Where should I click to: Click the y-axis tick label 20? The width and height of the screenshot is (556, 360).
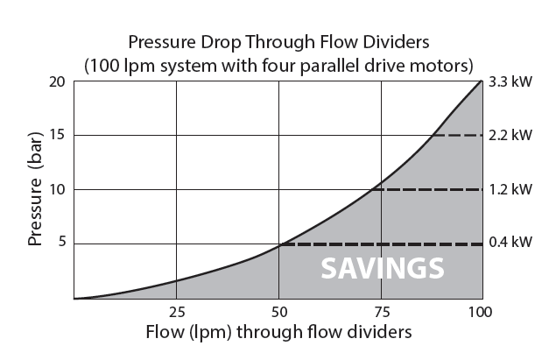(x=57, y=82)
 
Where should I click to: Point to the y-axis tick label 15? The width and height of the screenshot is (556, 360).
(x=57, y=135)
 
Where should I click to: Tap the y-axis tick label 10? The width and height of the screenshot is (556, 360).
(x=57, y=189)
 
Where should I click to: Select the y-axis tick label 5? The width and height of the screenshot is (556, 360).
(x=62, y=242)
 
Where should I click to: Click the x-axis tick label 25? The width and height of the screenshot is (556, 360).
(x=177, y=313)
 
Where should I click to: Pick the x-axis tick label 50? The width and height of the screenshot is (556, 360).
(x=279, y=313)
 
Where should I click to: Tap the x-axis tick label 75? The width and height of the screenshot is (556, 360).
(x=382, y=313)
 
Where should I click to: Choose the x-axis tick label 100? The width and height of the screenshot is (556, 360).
(x=480, y=313)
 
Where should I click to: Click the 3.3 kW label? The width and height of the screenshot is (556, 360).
(x=510, y=82)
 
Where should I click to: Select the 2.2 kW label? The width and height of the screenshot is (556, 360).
(x=510, y=135)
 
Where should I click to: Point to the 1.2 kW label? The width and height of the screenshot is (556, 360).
(x=510, y=189)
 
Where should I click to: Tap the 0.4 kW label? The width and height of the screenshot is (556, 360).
(x=510, y=242)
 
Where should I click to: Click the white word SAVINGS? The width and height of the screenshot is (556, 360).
(x=383, y=269)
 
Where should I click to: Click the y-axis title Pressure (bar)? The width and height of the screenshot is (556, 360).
(x=35, y=188)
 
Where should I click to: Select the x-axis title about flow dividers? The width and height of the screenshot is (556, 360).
(x=278, y=332)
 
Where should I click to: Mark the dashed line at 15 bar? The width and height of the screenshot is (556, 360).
(x=458, y=135)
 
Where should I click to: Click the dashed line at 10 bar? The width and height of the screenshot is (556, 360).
(x=427, y=190)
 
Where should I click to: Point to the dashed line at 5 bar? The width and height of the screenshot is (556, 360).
(x=382, y=244)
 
